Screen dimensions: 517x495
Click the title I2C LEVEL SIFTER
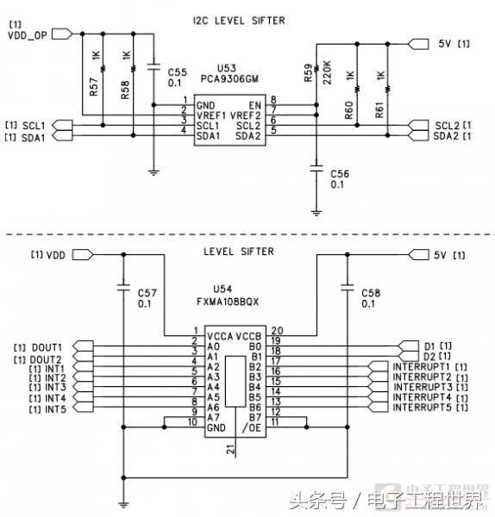point(249,20)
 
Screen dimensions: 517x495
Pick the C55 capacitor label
point(177,71)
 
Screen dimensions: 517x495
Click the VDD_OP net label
point(27,36)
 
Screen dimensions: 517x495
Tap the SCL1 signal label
point(34,126)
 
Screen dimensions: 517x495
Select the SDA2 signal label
point(447,135)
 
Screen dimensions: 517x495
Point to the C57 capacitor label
point(147,293)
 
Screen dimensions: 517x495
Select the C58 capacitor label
point(370,293)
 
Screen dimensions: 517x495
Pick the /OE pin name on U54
point(253,427)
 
